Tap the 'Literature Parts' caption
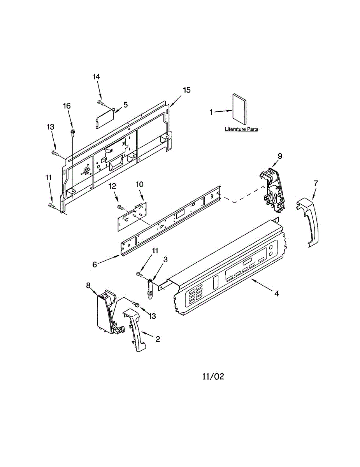(x=241, y=129)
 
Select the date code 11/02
(x=213, y=376)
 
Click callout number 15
(x=187, y=90)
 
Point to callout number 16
(x=67, y=106)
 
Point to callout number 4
(x=276, y=294)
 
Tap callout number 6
(x=95, y=264)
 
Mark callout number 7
(x=316, y=183)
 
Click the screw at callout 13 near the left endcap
(x=136, y=304)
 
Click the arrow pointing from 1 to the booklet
(x=223, y=112)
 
